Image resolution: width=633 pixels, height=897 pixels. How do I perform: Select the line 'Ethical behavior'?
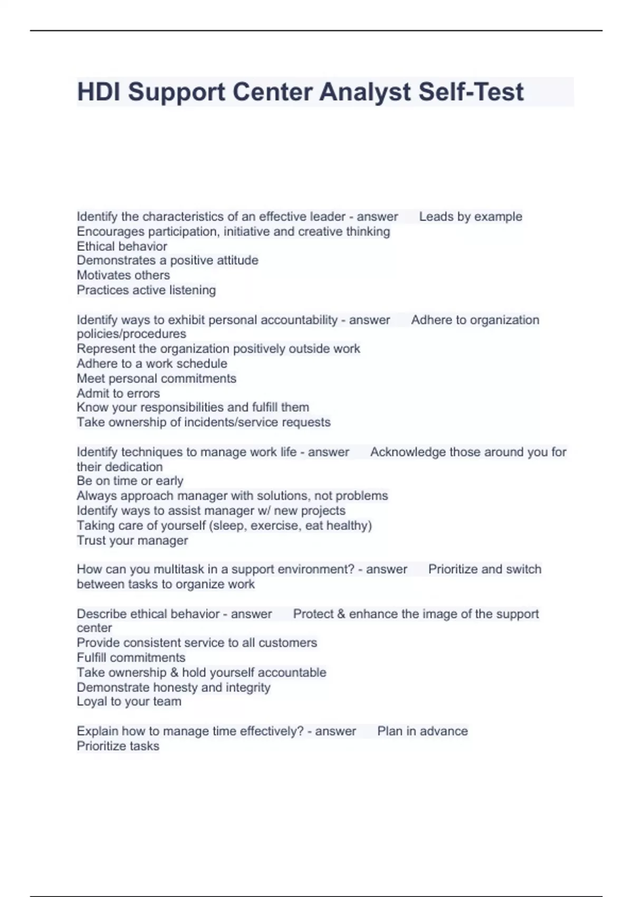[122, 246]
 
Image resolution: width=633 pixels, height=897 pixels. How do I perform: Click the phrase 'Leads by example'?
[471, 217]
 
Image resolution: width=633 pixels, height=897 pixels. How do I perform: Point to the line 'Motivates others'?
[123, 275]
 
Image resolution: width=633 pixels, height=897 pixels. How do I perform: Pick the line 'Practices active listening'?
[146, 290]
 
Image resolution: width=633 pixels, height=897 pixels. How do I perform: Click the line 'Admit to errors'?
[118, 393]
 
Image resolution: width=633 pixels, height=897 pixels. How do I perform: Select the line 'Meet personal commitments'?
[157, 378]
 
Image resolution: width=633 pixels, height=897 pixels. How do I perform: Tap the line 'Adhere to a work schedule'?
[152, 364]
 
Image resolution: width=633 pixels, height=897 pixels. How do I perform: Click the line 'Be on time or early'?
[130, 481]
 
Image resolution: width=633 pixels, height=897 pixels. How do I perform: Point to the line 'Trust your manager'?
[132, 540]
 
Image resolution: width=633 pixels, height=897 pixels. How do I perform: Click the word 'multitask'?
[178, 569]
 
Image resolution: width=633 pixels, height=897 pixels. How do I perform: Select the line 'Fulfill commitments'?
[131, 657]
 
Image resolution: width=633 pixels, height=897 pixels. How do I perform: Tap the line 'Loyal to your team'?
[129, 702]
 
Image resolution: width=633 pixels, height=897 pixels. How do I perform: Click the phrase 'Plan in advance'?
[423, 731]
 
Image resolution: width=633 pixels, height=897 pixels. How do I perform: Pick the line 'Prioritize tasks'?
[118, 746]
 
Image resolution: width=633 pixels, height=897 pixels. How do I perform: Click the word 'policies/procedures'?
[131, 334]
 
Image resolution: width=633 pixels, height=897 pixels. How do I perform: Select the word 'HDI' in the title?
[99, 92]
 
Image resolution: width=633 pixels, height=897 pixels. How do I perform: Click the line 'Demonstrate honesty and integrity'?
[174, 688]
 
